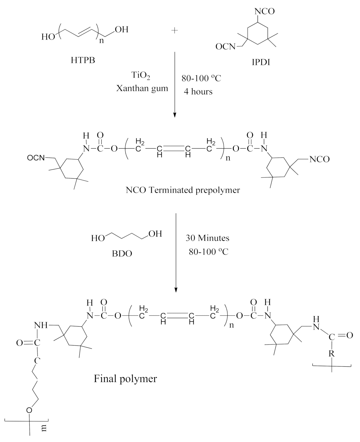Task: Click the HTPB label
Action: click(83, 60)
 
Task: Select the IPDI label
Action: click(261, 62)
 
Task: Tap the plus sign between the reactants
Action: click(174, 31)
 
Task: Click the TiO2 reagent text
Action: click(141, 76)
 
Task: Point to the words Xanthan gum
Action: click(142, 88)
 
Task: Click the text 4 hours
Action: click(198, 92)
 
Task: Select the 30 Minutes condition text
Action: click(207, 238)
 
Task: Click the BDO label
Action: click(122, 254)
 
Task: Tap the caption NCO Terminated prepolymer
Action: click(183, 190)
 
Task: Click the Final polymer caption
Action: click(125, 378)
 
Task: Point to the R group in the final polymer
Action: click(332, 354)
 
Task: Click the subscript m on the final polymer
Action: click(44, 429)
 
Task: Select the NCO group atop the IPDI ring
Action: click(264, 11)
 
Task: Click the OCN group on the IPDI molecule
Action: click(225, 47)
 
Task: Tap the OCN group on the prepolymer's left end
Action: click(36, 158)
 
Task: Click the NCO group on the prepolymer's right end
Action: click(319, 159)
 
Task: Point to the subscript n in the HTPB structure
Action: click(101, 40)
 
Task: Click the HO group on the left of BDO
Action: click(98, 238)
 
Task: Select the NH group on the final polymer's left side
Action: click(41, 325)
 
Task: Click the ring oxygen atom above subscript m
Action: click(29, 410)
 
